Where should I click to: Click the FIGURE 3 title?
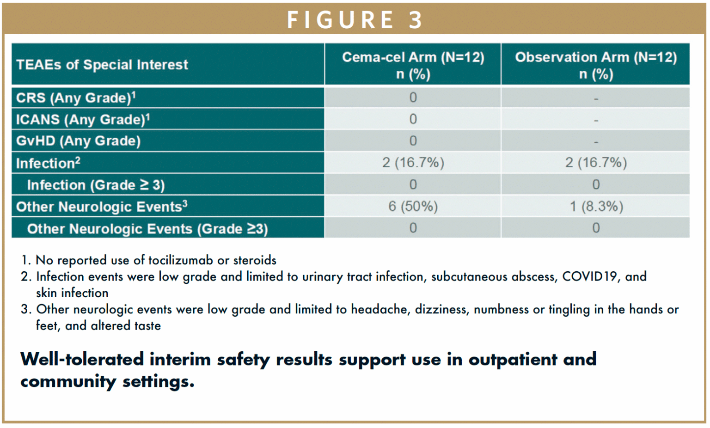(x=355, y=20)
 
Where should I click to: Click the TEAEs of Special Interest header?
(x=102, y=65)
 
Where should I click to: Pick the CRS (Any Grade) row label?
(x=76, y=98)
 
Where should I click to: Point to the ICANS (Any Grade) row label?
(x=83, y=120)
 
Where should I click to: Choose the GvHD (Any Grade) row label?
(x=78, y=141)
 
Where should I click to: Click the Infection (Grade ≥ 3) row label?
(x=96, y=185)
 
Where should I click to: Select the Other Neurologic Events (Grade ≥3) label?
(x=147, y=229)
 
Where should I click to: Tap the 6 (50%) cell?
(x=413, y=207)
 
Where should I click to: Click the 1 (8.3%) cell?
(x=596, y=207)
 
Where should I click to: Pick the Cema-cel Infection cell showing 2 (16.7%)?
(x=413, y=163)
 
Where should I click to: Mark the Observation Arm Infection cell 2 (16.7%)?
(x=596, y=163)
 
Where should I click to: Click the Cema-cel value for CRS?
(x=413, y=98)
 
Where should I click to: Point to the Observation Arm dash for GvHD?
(x=596, y=142)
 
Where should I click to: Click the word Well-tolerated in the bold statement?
(x=82, y=360)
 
